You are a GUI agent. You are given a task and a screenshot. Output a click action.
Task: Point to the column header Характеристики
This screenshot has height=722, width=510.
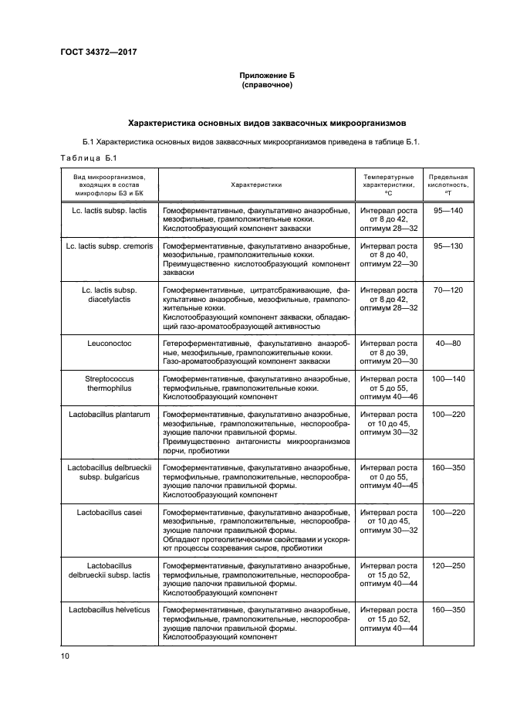(x=256, y=185)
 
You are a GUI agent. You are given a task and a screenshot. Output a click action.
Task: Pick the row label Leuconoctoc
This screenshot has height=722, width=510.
(x=110, y=342)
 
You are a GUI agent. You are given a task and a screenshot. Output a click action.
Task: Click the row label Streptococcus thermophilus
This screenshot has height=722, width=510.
(x=110, y=383)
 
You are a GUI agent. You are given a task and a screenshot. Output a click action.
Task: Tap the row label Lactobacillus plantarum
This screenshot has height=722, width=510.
(x=110, y=414)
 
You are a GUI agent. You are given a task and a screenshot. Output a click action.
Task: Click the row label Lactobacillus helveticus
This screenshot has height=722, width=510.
(x=110, y=609)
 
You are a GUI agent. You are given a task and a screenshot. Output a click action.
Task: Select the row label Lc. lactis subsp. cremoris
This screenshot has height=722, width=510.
(x=110, y=245)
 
